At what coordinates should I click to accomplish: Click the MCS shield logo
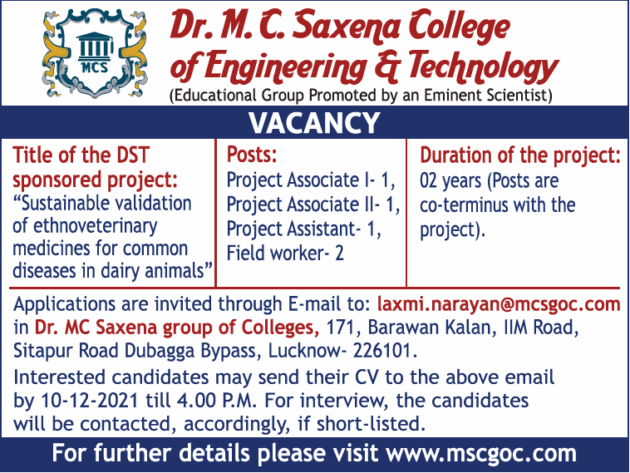pos(95,53)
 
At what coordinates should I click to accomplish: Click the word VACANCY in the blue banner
pos(314,122)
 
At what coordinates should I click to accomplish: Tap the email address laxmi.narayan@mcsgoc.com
pos(499,304)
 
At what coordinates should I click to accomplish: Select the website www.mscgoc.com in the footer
pos(481,453)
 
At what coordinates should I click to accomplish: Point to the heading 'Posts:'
pos(252,155)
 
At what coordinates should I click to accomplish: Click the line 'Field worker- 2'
pos(285,254)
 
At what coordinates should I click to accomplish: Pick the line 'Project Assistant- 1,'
pos(304,229)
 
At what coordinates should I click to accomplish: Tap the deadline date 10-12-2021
pos(90,401)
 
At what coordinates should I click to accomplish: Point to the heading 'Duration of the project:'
pos(520,155)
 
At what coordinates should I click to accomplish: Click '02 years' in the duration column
pos(450,181)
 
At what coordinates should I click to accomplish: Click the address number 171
pos(340,328)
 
